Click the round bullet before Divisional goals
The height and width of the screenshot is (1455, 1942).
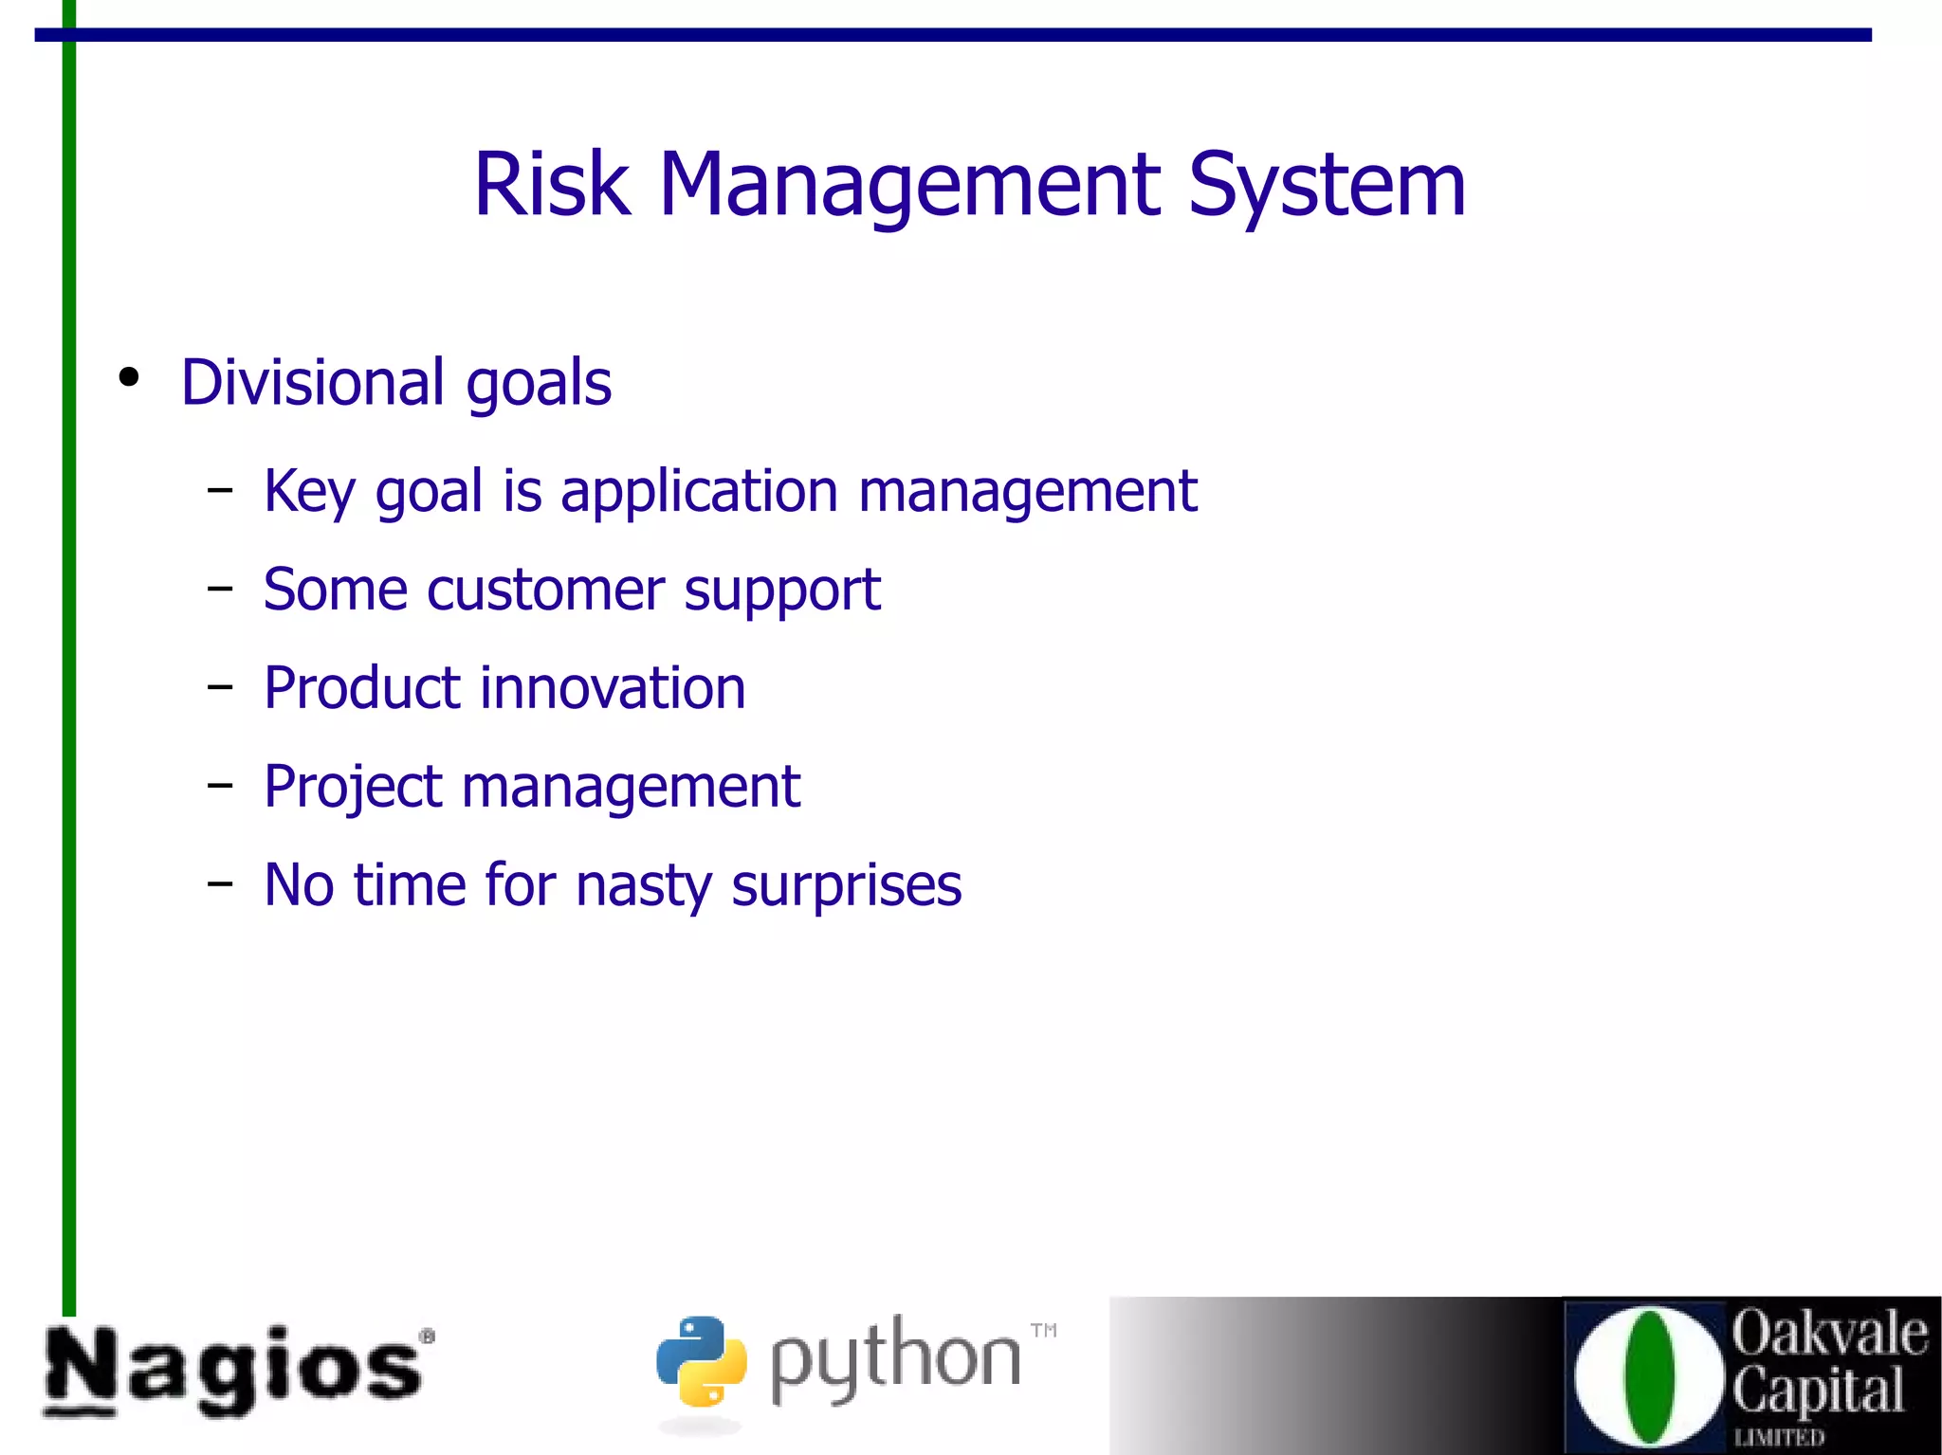click(129, 377)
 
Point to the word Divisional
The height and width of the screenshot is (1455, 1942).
click(313, 382)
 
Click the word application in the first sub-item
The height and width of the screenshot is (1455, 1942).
click(699, 492)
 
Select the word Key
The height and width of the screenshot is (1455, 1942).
click(309, 492)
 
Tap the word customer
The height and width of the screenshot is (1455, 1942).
click(545, 591)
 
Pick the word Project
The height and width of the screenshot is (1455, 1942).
click(353, 787)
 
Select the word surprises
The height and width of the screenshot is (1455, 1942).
click(846, 885)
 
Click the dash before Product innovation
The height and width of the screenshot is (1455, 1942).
click(220, 687)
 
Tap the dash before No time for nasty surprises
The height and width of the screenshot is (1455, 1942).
click(220, 883)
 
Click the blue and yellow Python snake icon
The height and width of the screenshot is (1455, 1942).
click(701, 1360)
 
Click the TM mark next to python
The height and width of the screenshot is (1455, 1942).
click(1043, 1330)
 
